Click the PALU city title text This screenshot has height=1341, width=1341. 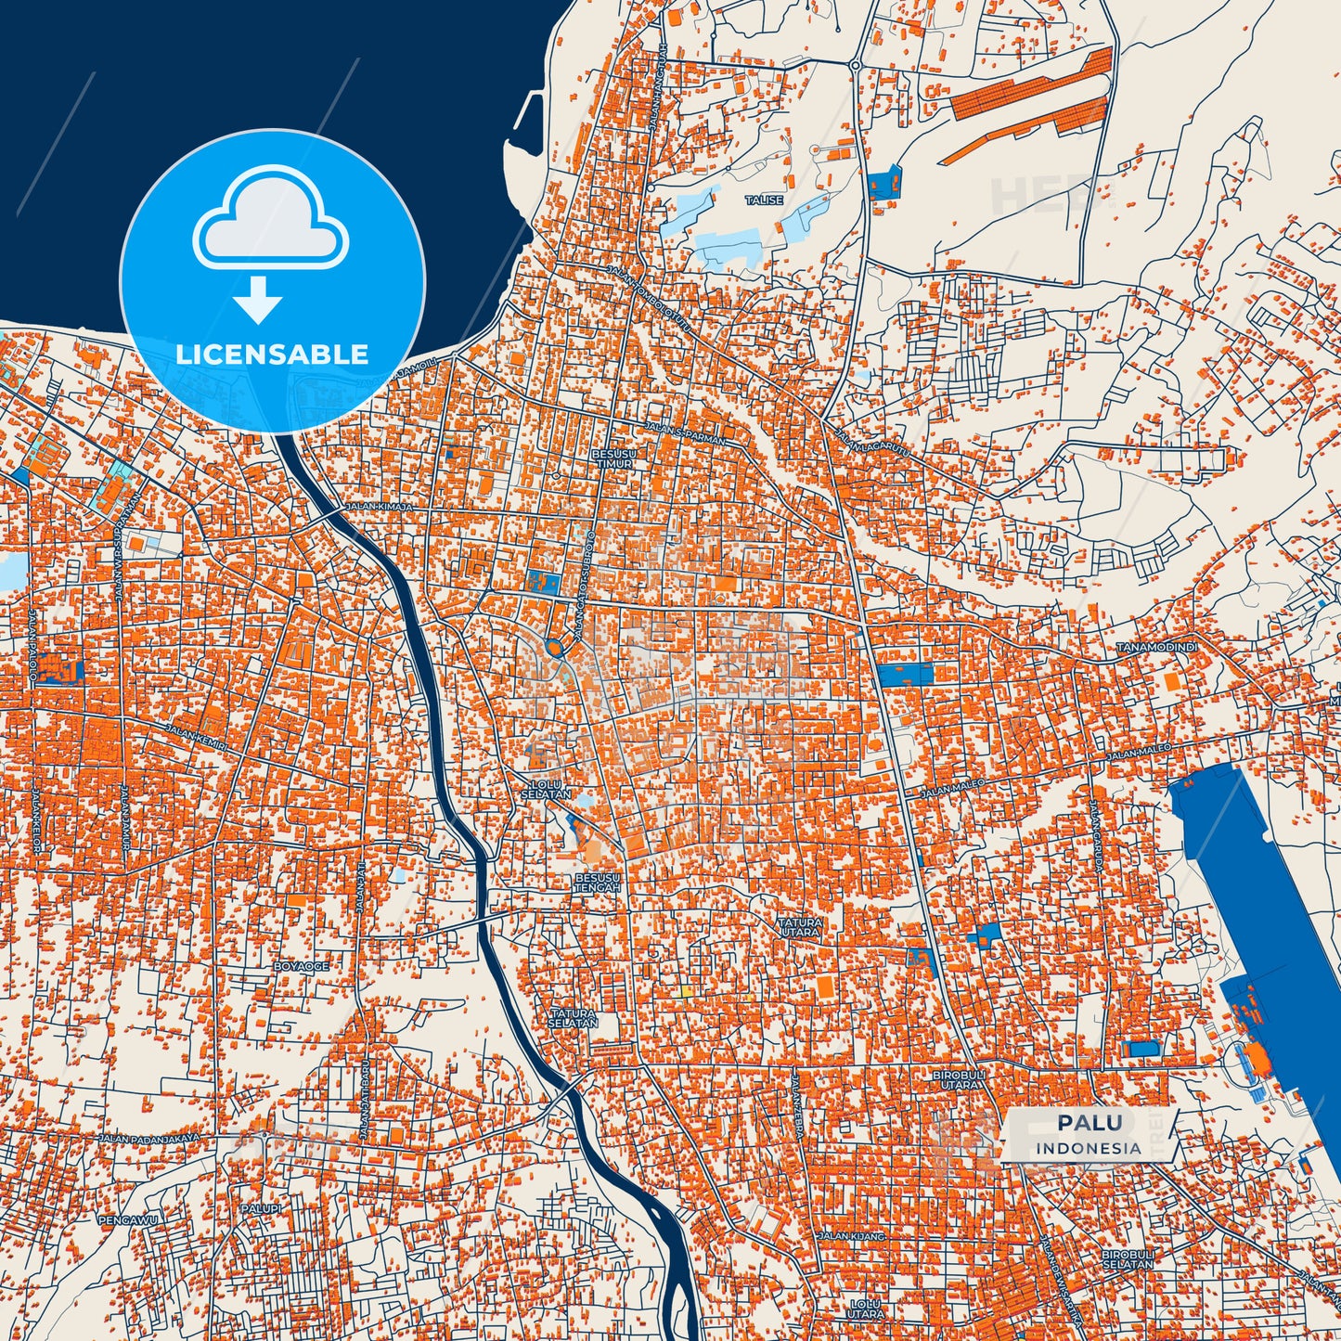[x=1089, y=1124]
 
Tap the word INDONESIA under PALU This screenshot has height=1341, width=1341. [x=1089, y=1148]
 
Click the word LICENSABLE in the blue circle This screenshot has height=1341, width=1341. [x=272, y=355]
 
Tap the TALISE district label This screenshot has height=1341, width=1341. [x=764, y=200]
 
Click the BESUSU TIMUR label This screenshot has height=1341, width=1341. [x=612, y=458]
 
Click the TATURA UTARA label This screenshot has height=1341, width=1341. [x=799, y=926]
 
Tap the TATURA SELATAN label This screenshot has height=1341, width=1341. [x=573, y=1017]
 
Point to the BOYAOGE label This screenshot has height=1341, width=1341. [x=301, y=966]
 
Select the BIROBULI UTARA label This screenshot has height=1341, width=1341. [x=955, y=1080]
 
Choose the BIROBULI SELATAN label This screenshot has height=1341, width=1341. [x=1128, y=1259]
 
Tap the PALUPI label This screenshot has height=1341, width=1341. [x=261, y=1209]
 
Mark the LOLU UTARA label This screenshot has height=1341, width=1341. [x=865, y=1309]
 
